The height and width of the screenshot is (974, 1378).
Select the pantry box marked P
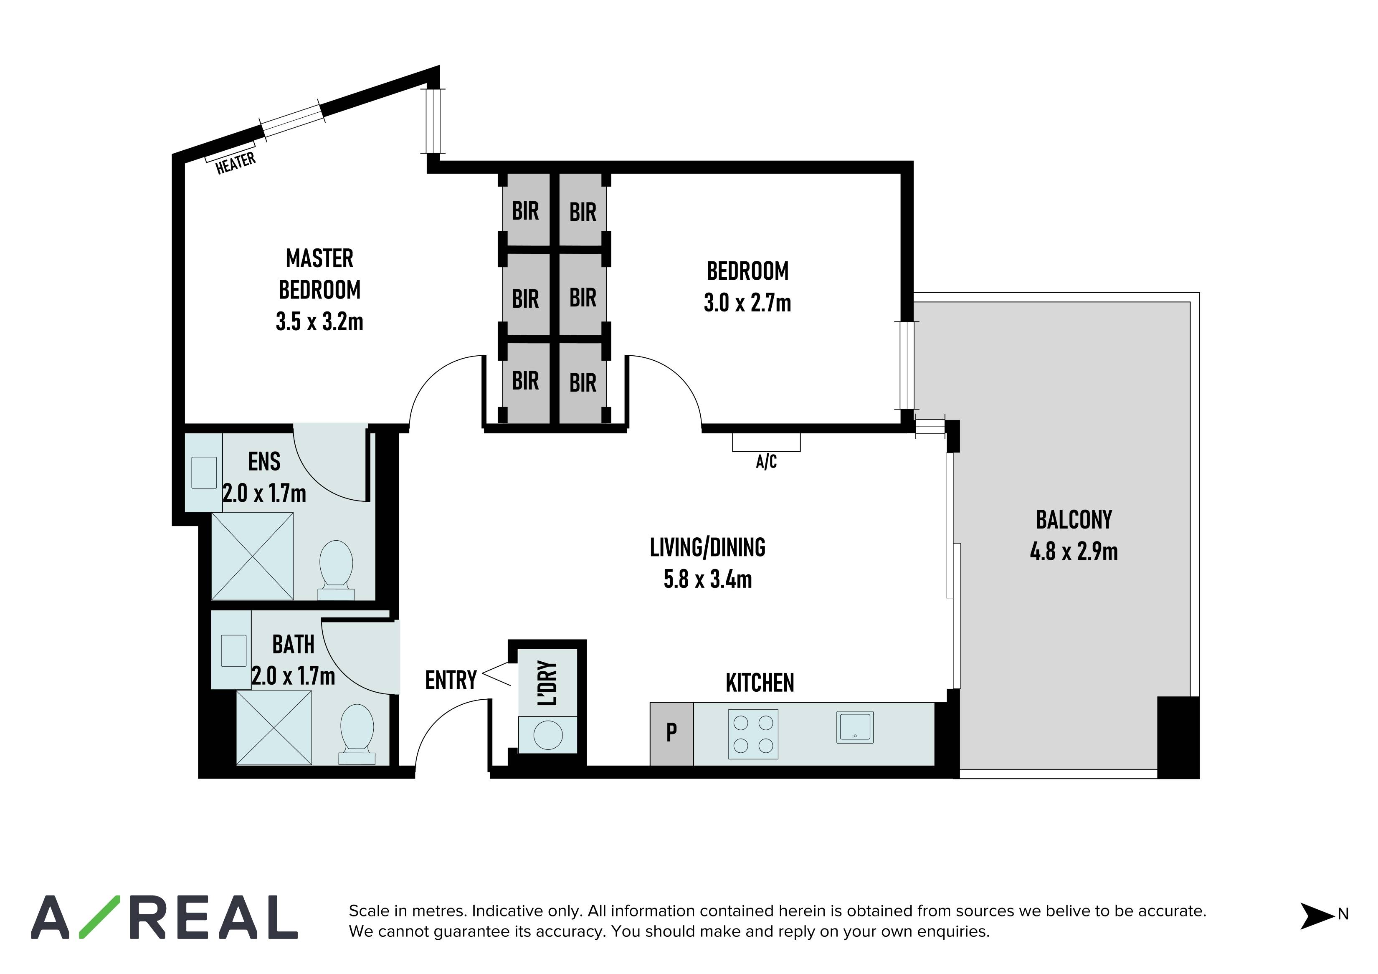tap(671, 732)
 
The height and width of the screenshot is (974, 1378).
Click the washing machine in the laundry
tap(547, 734)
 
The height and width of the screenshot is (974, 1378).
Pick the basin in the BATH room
tap(233, 650)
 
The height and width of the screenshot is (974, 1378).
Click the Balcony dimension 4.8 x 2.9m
tap(1073, 552)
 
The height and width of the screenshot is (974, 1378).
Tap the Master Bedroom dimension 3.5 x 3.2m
tap(319, 322)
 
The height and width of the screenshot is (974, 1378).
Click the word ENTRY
tap(450, 680)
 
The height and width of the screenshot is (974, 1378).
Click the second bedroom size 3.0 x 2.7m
tap(747, 303)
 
